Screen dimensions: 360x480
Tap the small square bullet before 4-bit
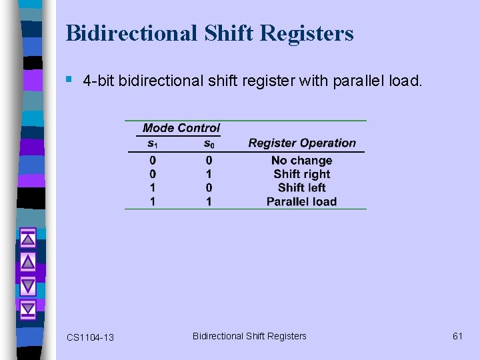point(70,80)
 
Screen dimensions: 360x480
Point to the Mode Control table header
point(181,128)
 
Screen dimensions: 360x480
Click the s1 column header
point(153,143)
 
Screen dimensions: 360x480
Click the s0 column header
point(209,143)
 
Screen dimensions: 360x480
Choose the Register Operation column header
point(302,143)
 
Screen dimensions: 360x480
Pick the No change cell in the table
point(301,161)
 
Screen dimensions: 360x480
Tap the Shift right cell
point(301,174)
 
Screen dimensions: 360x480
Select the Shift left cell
point(301,187)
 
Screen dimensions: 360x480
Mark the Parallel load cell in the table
point(301,201)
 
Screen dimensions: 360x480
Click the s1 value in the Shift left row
point(153,187)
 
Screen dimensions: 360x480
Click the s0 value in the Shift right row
point(209,174)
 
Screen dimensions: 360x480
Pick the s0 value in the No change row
point(209,161)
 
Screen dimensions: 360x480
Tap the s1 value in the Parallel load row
point(153,201)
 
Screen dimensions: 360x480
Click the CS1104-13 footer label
point(90,337)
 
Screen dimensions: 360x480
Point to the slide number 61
point(457,336)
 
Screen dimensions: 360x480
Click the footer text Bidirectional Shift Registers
point(249,336)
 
